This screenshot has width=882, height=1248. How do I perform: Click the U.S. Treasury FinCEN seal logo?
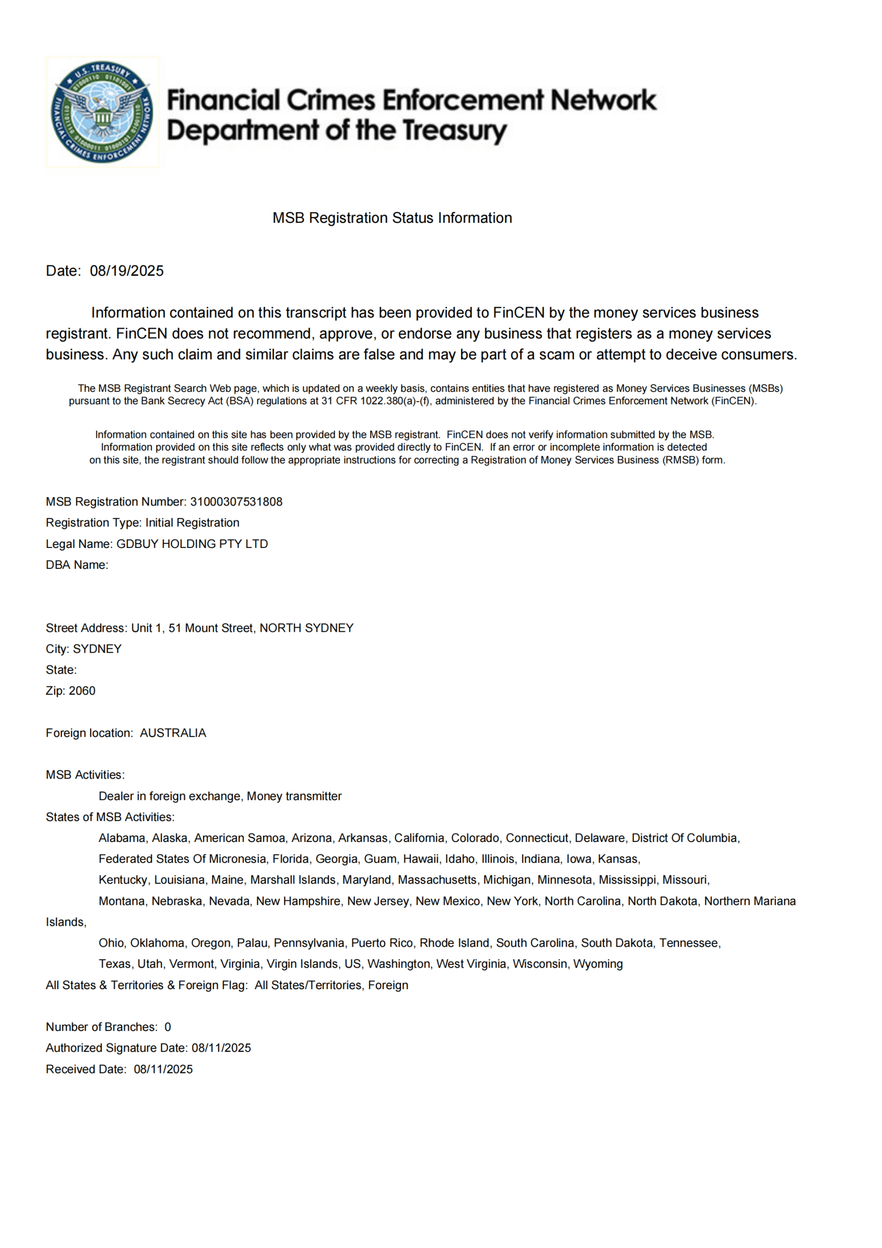[x=102, y=112]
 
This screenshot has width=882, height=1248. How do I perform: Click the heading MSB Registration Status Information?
[x=392, y=218]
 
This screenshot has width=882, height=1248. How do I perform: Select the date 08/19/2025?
[x=127, y=271]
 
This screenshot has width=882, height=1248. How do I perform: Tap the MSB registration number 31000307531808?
[x=236, y=502]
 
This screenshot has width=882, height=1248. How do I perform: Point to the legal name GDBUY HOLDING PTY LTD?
[x=192, y=544]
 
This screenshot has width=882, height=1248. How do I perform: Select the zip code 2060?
[x=82, y=691]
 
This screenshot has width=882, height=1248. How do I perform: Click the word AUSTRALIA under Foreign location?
[x=173, y=733]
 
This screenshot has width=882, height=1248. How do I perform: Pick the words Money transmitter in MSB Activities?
[x=294, y=796]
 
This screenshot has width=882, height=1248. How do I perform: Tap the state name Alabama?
[x=122, y=838]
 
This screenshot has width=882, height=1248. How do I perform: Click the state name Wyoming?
[x=598, y=964]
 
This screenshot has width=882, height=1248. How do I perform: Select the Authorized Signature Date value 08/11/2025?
[x=221, y=1048]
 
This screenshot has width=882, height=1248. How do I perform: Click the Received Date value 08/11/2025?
[x=163, y=1069]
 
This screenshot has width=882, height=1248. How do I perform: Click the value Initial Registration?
[x=192, y=523]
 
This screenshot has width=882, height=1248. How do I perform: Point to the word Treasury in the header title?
[x=454, y=131]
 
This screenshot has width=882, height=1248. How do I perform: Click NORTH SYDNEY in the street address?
[x=306, y=628]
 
